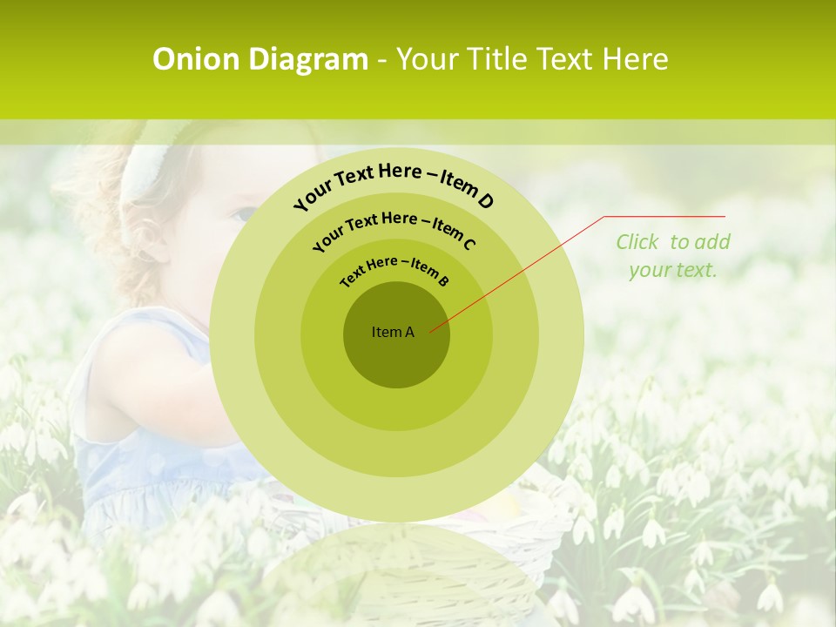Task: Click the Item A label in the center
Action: click(x=393, y=332)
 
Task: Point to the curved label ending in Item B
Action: click(x=395, y=269)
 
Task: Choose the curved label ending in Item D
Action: click(x=394, y=184)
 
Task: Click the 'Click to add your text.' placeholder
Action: click(x=673, y=256)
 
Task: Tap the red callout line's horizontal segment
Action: click(x=664, y=216)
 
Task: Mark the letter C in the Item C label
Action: click(x=469, y=244)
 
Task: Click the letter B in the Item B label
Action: click(x=443, y=280)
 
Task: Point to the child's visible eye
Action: click(x=244, y=212)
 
